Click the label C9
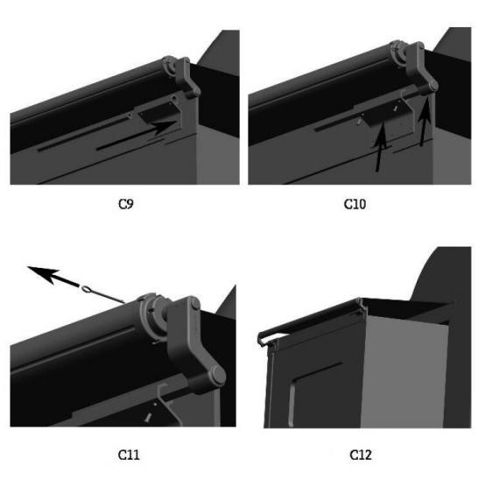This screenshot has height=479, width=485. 126,204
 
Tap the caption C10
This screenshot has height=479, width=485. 355,204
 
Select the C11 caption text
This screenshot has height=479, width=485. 129,454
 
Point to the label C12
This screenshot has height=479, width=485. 361,454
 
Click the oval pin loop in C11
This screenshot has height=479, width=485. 87,289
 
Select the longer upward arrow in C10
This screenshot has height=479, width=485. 381,146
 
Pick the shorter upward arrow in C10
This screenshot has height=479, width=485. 425,122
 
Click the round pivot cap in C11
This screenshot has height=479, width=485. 218,375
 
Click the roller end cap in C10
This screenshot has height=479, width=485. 398,52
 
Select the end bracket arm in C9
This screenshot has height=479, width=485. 187,77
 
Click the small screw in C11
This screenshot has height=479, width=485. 148,418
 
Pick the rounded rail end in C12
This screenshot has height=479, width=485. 261,339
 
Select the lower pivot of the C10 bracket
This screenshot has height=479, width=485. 432,86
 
